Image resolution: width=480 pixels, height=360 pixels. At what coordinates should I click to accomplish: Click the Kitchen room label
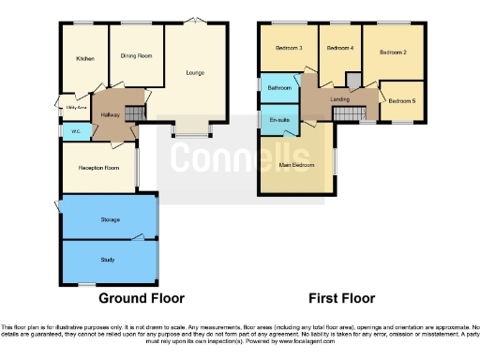(85, 58)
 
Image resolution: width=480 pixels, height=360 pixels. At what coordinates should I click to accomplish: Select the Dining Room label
(136, 55)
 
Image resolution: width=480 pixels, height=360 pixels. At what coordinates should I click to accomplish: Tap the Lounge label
(195, 72)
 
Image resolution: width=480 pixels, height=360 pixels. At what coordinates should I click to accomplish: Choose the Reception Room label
(97, 168)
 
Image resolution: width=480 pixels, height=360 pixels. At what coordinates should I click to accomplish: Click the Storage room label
(110, 219)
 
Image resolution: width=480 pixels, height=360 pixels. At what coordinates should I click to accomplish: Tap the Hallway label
(110, 114)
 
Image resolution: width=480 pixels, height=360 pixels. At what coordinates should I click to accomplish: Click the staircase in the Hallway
(133, 113)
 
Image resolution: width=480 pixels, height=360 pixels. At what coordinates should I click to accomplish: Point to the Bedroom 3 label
(288, 48)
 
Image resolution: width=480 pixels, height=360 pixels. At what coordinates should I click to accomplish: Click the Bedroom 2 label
(393, 53)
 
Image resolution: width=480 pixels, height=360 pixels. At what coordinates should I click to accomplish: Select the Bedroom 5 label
(401, 100)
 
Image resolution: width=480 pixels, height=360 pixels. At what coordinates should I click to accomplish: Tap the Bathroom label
(279, 87)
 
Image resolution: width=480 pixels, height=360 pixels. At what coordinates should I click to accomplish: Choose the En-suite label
(278, 120)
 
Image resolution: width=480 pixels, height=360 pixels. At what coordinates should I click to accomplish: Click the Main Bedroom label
(296, 165)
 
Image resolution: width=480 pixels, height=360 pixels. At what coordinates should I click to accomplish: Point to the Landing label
(340, 98)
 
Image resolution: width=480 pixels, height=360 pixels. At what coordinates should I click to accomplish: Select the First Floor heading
(342, 298)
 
